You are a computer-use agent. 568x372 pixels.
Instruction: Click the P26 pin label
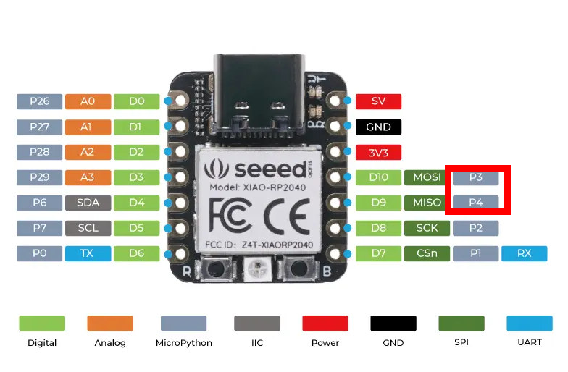(39, 101)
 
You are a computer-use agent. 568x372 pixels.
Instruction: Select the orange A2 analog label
(88, 152)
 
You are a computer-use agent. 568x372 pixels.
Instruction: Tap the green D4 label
(136, 203)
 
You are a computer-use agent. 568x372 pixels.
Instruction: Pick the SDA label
(88, 203)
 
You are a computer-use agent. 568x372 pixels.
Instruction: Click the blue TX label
(88, 253)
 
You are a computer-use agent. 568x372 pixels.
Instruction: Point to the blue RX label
(525, 253)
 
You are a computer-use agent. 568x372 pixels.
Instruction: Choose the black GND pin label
(378, 127)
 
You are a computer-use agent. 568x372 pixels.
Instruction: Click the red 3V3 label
(378, 152)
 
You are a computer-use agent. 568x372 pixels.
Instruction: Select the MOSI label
(427, 177)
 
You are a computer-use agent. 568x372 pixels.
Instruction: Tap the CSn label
(427, 253)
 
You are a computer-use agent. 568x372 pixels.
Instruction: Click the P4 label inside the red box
(475, 203)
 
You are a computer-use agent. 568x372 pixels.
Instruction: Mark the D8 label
(378, 228)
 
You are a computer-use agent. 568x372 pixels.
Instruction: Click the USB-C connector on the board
(259, 95)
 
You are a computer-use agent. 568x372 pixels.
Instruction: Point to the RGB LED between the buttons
(258, 268)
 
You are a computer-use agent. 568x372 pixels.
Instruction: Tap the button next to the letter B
(298, 268)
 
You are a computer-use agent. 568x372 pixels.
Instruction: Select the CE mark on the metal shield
(287, 216)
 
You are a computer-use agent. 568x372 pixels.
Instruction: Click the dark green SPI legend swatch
(461, 323)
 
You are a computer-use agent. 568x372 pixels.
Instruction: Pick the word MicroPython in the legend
(184, 343)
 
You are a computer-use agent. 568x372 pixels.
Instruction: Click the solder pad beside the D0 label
(180, 100)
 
